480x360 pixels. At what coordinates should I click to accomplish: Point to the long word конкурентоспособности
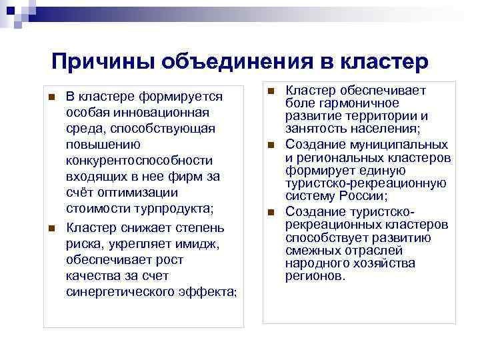click(x=140, y=161)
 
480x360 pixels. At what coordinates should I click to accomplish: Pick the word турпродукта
click(x=176, y=209)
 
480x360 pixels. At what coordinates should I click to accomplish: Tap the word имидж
click(x=200, y=243)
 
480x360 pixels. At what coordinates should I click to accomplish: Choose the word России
click(x=361, y=197)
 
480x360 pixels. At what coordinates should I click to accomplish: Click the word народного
click(x=315, y=263)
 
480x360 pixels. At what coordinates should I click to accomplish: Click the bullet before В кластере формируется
click(x=51, y=97)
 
